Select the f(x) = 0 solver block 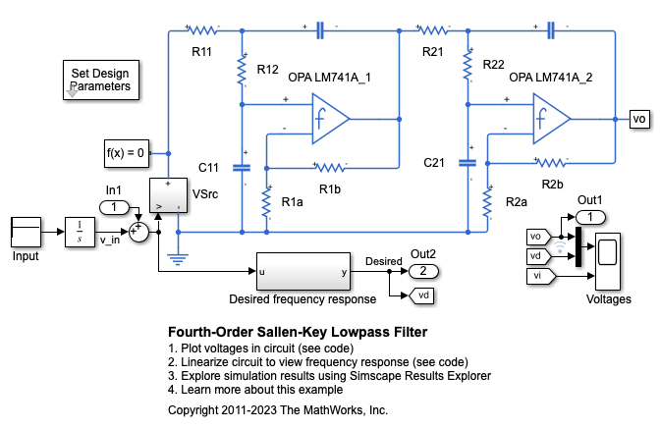pyautogui.click(x=126, y=152)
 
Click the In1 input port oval pyautogui.click(x=114, y=207)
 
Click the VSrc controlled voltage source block pyautogui.click(x=168, y=195)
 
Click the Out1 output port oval pyautogui.click(x=591, y=216)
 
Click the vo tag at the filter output pyautogui.click(x=638, y=119)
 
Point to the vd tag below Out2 pyautogui.click(x=421, y=295)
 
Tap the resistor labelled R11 pyautogui.click(x=202, y=29)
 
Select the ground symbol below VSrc pyautogui.click(x=178, y=256)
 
